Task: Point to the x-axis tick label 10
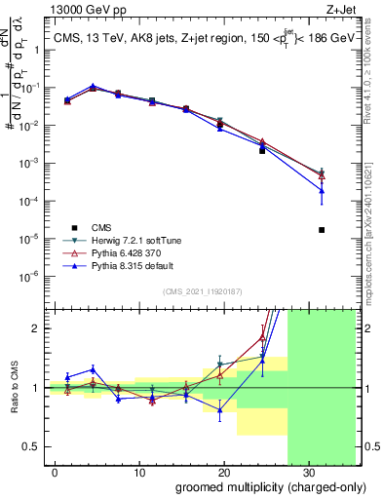click(x=138, y=471)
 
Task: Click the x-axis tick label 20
click(x=223, y=471)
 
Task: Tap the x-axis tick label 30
click(x=307, y=471)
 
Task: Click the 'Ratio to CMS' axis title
click(x=12, y=388)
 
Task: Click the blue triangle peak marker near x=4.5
click(x=93, y=87)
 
